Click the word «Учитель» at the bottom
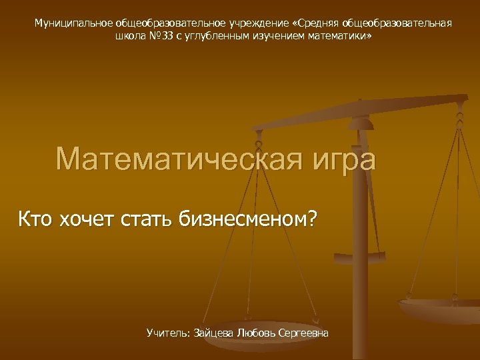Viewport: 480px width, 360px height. coord(168,332)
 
